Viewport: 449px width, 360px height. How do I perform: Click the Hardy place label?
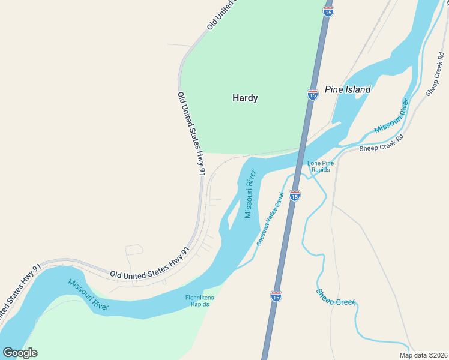(x=245, y=98)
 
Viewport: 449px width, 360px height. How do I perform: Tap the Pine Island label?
(x=348, y=89)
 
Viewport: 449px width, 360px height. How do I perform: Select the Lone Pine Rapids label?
(x=319, y=166)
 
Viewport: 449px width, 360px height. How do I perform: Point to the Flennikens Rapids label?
(x=200, y=301)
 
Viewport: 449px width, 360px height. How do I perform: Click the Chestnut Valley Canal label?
(x=270, y=220)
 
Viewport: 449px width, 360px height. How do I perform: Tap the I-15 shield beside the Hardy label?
(x=312, y=95)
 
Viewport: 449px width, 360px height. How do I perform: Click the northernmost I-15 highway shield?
(x=328, y=11)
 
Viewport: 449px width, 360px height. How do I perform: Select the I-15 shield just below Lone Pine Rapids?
(x=294, y=196)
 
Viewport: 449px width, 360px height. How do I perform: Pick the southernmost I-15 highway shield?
(x=275, y=297)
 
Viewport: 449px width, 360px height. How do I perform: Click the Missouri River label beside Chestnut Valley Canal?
(x=250, y=194)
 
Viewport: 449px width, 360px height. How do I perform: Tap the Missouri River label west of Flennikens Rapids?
(x=88, y=295)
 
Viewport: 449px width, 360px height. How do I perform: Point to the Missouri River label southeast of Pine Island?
(x=391, y=117)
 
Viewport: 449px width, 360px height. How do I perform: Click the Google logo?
(x=20, y=353)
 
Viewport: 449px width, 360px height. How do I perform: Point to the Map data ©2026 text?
(x=423, y=355)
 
